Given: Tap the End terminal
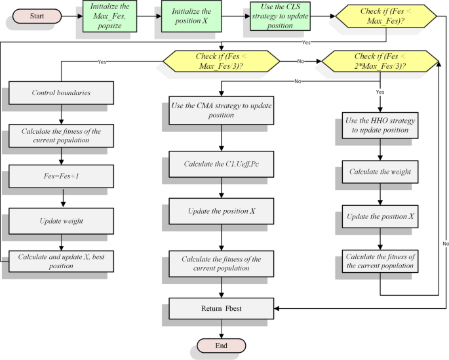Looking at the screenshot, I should coord(221,345).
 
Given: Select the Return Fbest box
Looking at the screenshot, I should coord(221,308).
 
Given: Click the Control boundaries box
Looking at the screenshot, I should coord(62,92).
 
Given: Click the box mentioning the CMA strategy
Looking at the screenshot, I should coord(221,110).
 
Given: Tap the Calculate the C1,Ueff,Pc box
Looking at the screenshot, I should coord(221,163).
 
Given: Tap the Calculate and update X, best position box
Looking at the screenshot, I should coord(62,261).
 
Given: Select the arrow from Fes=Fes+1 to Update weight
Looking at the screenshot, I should coord(62,198).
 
